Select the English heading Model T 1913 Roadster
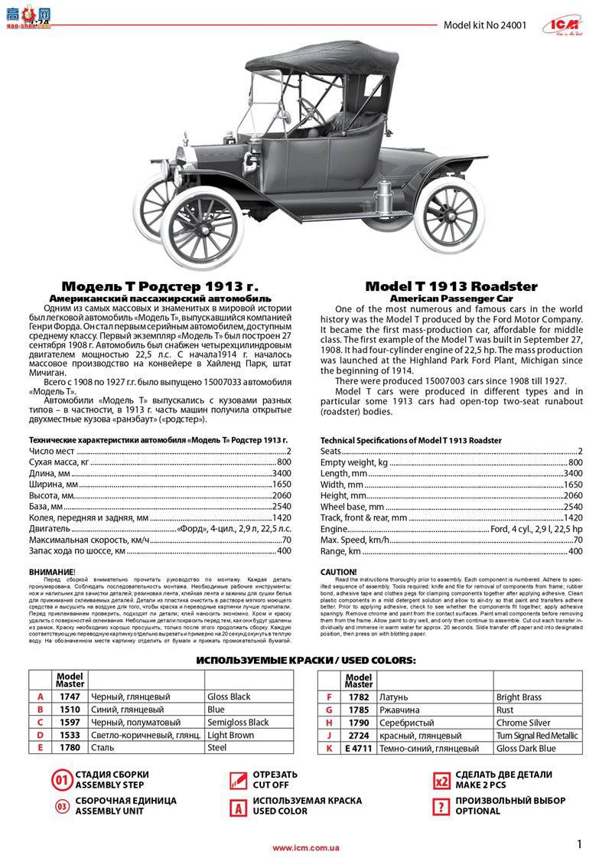(451, 286)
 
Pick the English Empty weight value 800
(575, 462)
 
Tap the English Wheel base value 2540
(572, 507)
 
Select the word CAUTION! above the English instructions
(338, 572)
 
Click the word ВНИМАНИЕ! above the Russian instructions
(52, 572)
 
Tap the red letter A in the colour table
(40, 697)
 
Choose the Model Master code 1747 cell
(70, 697)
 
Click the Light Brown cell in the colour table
(231, 735)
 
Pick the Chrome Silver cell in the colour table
(522, 722)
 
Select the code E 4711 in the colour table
(359, 748)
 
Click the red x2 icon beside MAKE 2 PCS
(441, 782)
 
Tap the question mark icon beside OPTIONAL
(441, 806)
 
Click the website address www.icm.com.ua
(306, 847)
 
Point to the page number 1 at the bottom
(580, 844)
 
